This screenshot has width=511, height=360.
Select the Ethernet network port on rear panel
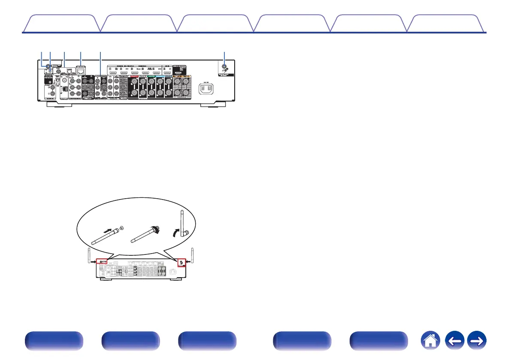[80, 70]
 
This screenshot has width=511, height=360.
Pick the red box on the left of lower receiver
[102, 261]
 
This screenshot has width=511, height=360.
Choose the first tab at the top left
[60, 24]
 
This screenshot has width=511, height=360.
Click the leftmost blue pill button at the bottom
[53, 341]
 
